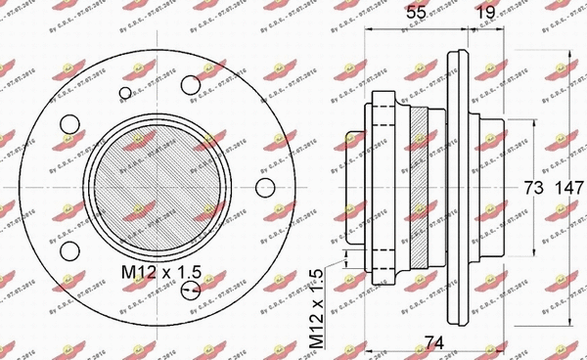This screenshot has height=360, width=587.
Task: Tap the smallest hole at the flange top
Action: click(x=124, y=94)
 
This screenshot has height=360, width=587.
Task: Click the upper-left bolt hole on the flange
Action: click(x=69, y=124)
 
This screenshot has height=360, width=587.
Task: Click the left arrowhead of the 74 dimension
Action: click(x=368, y=350)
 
